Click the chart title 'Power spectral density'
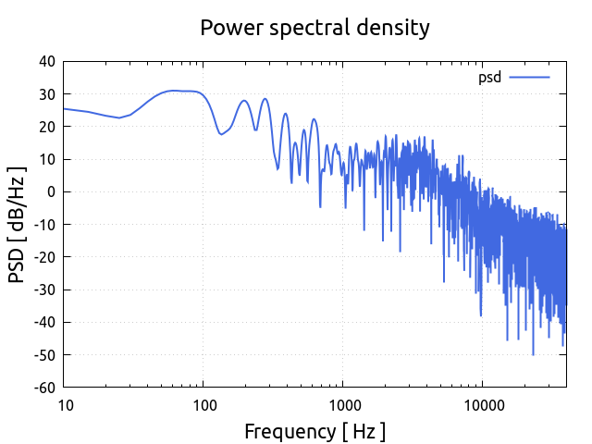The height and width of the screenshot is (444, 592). (x=314, y=28)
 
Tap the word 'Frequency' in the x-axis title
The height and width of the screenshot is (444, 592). (x=285, y=431)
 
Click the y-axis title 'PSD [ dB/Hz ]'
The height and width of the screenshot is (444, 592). (x=18, y=225)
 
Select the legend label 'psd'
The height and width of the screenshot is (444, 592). (x=489, y=78)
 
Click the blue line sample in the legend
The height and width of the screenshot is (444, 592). (x=529, y=78)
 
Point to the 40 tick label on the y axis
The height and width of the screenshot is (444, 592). (x=46, y=62)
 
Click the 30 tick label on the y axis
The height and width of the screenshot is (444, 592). (x=46, y=94)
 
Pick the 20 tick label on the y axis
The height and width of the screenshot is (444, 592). (x=46, y=127)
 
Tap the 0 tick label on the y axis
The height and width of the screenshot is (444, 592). (x=51, y=192)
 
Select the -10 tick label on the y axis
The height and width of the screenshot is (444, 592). (x=43, y=225)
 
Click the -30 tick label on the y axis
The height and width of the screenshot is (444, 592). (x=43, y=290)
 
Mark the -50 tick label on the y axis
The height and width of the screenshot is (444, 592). (x=43, y=355)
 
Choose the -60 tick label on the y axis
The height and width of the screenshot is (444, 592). (x=43, y=388)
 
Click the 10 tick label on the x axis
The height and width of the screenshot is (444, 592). (x=65, y=405)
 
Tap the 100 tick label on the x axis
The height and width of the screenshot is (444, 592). (x=203, y=405)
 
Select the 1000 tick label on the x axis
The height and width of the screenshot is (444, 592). (x=342, y=405)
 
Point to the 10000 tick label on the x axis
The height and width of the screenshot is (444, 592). (x=482, y=405)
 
